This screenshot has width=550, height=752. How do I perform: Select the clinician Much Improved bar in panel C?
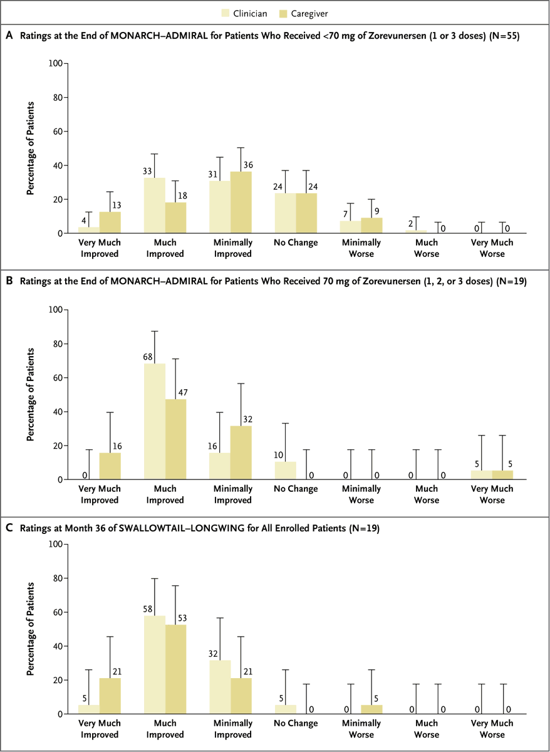pos(155,665)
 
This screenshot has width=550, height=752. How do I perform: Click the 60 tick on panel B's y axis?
pos(57,378)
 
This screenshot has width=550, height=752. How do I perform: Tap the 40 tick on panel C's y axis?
pos(57,646)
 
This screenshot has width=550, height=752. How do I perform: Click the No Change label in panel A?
pos(295,243)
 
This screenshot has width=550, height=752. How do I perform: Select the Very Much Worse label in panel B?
pos(492,495)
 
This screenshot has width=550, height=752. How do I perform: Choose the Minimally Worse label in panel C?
pos(361,729)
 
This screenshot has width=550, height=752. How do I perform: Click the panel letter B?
pos(9,283)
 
